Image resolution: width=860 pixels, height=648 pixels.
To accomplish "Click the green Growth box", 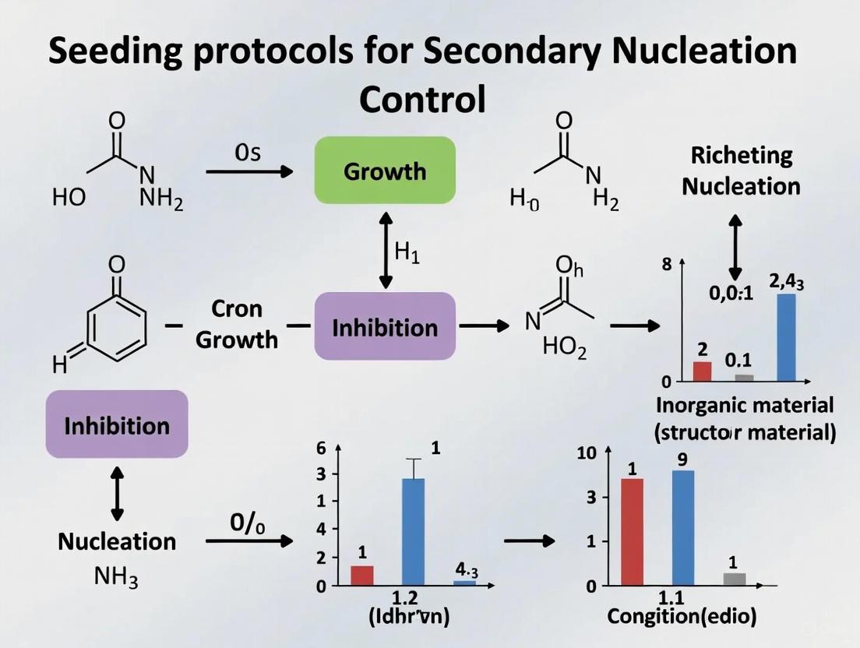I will pos(385,171).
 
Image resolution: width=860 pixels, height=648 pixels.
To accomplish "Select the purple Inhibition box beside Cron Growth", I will pos(385,326).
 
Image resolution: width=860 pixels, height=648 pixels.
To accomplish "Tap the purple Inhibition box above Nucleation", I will pos(117,424).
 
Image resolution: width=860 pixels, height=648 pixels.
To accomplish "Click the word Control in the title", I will pos(423,100).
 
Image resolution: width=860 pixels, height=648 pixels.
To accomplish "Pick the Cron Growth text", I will pos(237,324).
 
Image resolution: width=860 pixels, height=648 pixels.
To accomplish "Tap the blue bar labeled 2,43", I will pos(786,337).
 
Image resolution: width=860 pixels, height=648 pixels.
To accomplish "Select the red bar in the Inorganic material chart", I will pos(702,372).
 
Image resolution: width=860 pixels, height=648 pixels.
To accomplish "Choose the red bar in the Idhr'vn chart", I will pos(362,575).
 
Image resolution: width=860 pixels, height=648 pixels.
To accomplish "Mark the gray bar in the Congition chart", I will pos(734,579).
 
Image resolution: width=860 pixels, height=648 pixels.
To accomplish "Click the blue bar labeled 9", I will pos(682,527).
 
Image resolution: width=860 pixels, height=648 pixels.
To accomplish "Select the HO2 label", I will pos(565,348).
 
